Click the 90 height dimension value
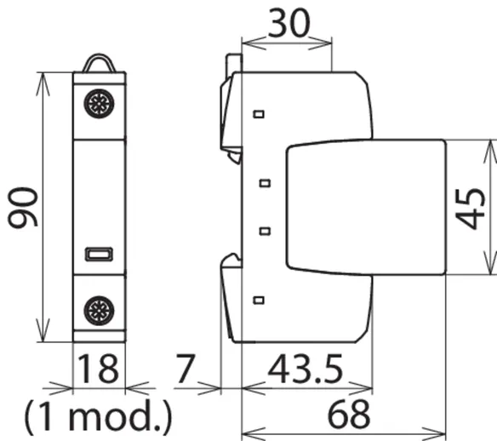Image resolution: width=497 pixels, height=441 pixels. pos(23,208)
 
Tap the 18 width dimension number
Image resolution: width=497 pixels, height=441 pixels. pos(98,368)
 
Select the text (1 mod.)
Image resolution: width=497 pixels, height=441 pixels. pos(98,416)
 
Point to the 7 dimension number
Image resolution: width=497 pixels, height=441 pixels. pos(185,369)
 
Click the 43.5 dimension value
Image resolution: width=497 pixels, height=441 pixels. pos(306,369)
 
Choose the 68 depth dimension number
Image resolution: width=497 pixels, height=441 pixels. pos(348,414)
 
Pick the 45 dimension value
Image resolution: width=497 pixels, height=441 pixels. pos(470,209)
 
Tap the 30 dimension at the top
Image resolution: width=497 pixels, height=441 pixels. pos(288,23)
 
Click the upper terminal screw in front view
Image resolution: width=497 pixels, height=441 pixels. pos(99,104)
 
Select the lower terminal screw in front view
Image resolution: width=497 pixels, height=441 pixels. pos(99,311)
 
